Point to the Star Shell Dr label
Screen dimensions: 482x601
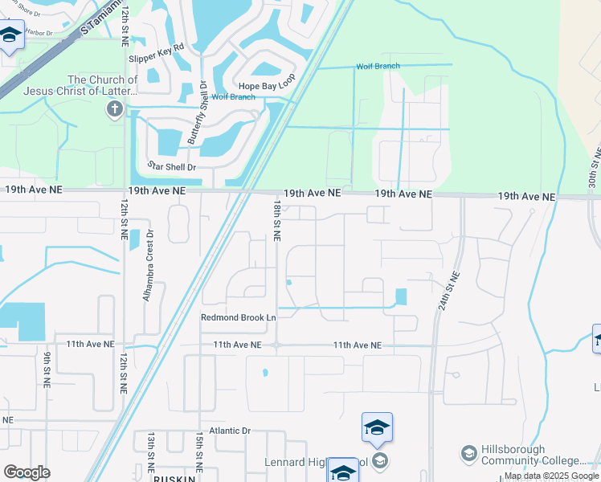pyautogui.click(x=172, y=166)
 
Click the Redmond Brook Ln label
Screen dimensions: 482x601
pyautogui.click(x=238, y=317)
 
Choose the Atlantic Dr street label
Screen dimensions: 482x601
pyautogui.click(x=230, y=431)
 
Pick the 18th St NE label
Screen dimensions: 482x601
pyautogui.click(x=276, y=222)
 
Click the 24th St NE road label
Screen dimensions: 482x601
pyautogui.click(x=449, y=292)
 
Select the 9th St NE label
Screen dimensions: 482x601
pyautogui.click(x=47, y=370)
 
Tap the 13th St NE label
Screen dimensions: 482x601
pyautogui.click(x=150, y=450)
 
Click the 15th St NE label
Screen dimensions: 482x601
pyautogui.click(x=198, y=451)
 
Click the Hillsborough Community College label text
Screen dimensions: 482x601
pyautogui.click(x=534, y=455)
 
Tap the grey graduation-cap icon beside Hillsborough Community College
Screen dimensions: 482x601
pyautogui.click(x=468, y=455)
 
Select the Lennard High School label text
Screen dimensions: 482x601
pyautogui.click(x=317, y=463)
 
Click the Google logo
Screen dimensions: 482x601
pyautogui.click(x=27, y=472)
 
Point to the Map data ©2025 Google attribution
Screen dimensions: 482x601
pyautogui.click(x=551, y=476)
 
